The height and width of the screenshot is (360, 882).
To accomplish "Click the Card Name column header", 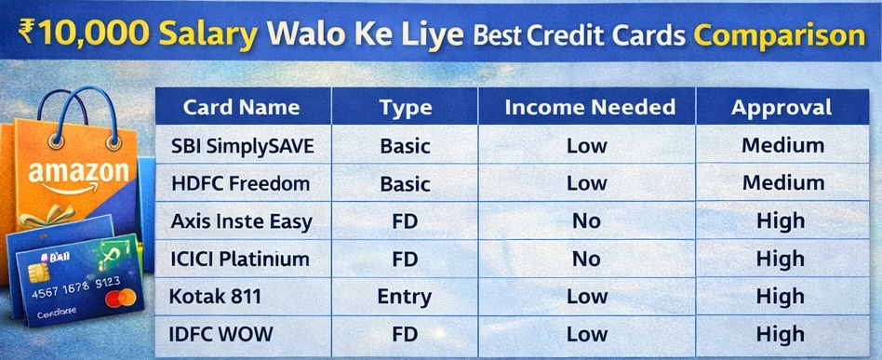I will pos(240,107).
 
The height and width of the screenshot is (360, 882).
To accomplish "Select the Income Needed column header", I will pos(589,107).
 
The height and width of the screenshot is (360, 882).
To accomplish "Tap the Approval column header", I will pos(782,107).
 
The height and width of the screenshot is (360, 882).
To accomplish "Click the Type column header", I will pos(405,107).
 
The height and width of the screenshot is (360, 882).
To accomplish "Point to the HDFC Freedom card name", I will pos(239,183).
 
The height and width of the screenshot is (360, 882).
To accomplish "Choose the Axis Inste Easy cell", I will pos(240,220).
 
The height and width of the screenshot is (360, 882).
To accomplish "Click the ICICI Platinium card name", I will pos(240,259).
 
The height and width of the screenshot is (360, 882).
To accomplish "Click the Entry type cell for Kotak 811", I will pos(405,297).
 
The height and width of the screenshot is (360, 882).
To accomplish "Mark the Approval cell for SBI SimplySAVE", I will pos(782,145).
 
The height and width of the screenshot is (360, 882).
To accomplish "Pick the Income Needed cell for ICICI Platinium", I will pos(586,259).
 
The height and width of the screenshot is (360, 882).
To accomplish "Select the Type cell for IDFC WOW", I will pos(405,334).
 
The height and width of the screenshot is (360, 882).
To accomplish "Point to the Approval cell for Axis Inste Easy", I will pos(782,220).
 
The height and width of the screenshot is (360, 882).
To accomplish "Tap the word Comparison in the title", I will pos(781,35).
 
